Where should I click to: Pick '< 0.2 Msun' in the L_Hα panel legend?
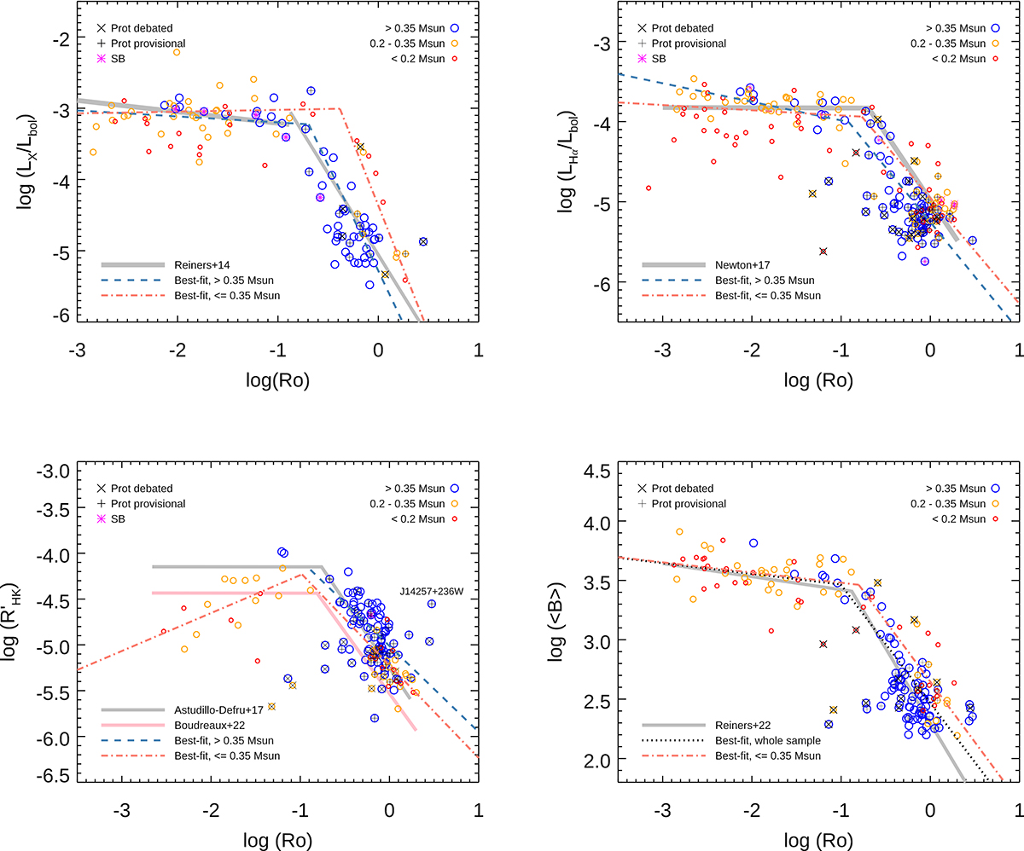tap(963, 58)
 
